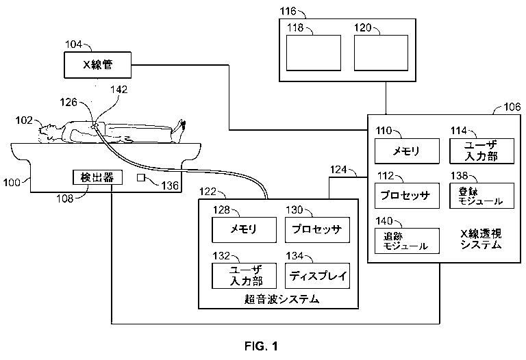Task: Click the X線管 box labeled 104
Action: tap(98, 65)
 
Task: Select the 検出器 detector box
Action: tap(98, 177)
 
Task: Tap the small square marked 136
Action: tap(141, 178)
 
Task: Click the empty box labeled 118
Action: tap(313, 53)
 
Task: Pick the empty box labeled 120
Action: tap(381, 53)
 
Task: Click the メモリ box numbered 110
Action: tap(407, 151)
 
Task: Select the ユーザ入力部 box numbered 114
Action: tap(481, 151)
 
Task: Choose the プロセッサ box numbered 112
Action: tap(407, 196)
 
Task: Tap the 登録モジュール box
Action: tap(481, 196)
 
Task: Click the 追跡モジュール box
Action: tap(407, 241)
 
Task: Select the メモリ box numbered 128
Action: tap(245, 230)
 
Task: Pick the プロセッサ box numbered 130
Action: tap(317, 230)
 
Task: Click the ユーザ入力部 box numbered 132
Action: tap(245, 276)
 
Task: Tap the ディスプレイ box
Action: tap(317, 276)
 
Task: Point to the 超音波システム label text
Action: tap(281, 299)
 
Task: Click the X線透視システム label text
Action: tap(481, 239)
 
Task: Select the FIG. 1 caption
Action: tap(261, 346)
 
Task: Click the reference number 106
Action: tap(512, 107)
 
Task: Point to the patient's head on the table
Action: tap(48, 131)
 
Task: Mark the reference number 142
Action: tap(119, 90)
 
